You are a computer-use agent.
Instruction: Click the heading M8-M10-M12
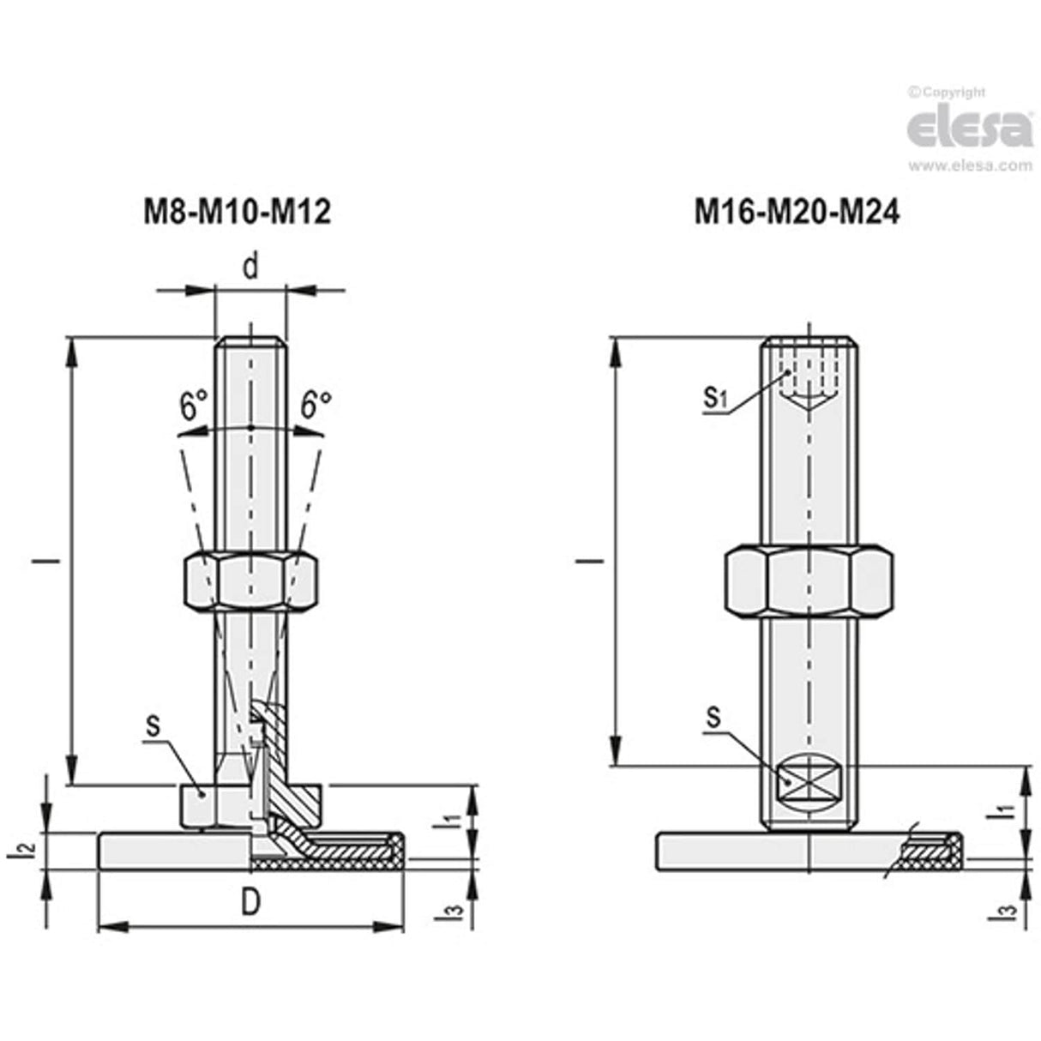point(237,212)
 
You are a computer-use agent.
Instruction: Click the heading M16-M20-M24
point(797,212)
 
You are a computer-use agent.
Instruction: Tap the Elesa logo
point(970,129)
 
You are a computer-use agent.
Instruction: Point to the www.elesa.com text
point(970,165)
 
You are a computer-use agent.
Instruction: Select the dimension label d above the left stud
point(250,268)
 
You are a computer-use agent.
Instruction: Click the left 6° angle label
point(194,405)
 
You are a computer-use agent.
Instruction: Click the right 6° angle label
point(316,405)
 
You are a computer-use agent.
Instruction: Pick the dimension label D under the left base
point(250,904)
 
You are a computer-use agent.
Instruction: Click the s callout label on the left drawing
point(153,725)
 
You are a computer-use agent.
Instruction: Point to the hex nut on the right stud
point(809,581)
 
